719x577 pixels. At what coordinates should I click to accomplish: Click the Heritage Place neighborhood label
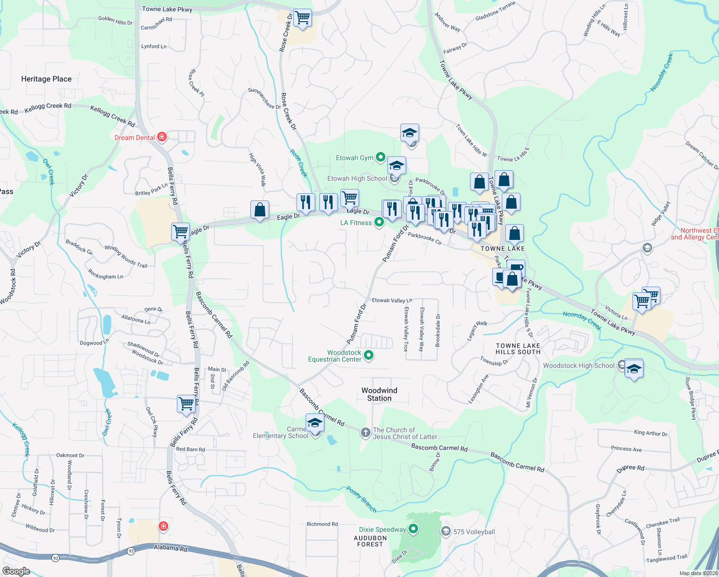(46, 79)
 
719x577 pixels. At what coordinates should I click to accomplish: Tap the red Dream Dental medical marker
(162, 138)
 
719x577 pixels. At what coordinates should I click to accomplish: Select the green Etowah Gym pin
(380, 157)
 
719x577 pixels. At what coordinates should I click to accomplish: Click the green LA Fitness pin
(379, 222)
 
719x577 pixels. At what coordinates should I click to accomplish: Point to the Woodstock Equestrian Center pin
(369, 356)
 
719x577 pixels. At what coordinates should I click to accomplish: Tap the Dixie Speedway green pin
(413, 529)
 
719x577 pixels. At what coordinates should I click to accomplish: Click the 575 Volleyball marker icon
(446, 531)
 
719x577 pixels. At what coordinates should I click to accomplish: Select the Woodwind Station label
(379, 394)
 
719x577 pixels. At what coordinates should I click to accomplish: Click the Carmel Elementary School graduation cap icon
(315, 423)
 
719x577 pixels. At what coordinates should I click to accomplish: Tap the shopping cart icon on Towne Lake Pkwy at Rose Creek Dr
(302, 18)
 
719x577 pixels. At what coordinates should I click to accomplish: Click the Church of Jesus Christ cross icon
(366, 433)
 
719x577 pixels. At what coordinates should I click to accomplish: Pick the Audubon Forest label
(370, 541)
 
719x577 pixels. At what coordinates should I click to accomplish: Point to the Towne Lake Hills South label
(518, 349)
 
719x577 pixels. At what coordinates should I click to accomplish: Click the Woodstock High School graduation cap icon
(634, 369)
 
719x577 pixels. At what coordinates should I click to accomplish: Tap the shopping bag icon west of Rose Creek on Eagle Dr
(260, 210)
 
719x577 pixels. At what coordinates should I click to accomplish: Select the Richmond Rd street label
(322, 524)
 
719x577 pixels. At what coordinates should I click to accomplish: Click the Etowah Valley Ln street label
(392, 301)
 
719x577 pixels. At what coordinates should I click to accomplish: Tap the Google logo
(16, 571)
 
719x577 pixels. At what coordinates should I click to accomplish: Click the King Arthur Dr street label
(651, 433)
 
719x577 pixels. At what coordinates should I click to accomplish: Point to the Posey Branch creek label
(361, 499)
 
